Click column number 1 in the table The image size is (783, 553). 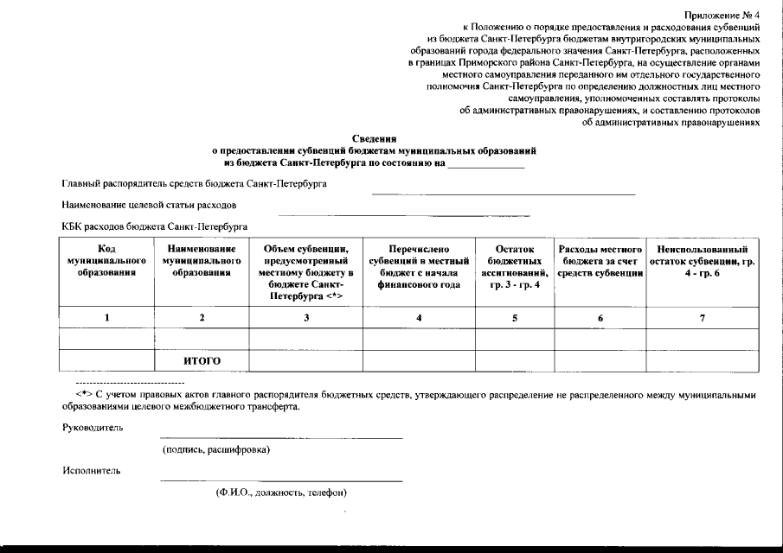click(107, 318)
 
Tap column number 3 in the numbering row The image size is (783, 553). click(306, 318)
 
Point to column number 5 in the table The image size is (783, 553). click(514, 318)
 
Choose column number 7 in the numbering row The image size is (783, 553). click(702, 318)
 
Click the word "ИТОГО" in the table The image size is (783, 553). click(202, 361)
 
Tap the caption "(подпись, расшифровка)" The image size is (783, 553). click(216, 450)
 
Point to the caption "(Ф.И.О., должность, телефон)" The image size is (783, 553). click(281, 493)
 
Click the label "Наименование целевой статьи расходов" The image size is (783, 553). click(150, 206)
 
